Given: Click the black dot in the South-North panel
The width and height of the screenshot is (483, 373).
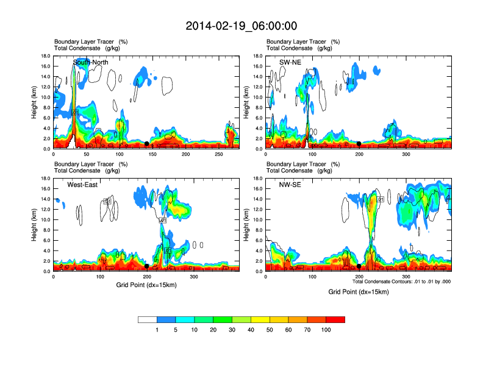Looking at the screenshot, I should point(146,144).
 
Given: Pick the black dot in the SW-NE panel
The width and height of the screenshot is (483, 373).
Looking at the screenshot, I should point(359,144).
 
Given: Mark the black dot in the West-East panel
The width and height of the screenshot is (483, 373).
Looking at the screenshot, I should point(147,266).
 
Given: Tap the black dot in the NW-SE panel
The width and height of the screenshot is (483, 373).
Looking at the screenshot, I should point(359,266).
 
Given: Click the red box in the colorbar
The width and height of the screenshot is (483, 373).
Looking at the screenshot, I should point(335,319).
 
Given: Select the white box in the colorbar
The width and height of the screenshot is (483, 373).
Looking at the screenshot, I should point(148,319).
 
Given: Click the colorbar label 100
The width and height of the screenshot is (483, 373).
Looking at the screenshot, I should point(326,330).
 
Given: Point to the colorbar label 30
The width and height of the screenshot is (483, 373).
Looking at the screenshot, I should point(232,330).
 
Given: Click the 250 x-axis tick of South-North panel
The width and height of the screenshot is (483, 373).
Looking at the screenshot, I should point(218,154).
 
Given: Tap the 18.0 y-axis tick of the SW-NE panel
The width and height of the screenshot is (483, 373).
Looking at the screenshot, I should point(257,56).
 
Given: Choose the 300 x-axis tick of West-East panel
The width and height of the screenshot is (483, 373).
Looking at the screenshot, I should point(194,277).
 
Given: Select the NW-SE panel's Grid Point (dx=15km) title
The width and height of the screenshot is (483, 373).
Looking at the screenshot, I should point(359,292).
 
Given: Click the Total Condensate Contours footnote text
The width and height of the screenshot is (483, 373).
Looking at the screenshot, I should point(401,282).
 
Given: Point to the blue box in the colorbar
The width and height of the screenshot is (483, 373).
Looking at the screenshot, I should point(166,319).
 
